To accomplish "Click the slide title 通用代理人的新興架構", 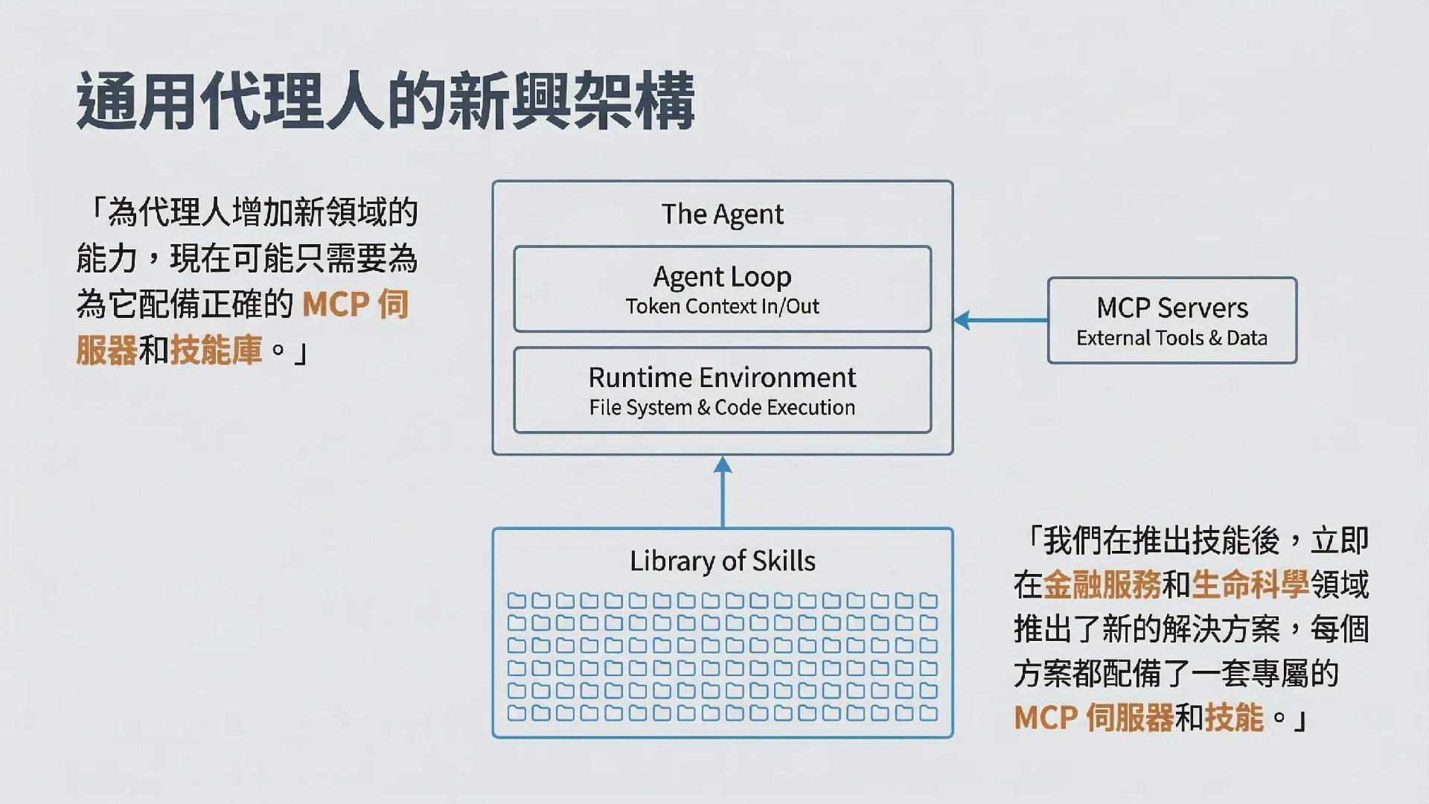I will pyautogui.click(x=386, y=101).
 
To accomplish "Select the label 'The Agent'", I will pyautogui.click(x=722, y=214).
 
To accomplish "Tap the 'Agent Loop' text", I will pyautogui.click(x=722, y=277).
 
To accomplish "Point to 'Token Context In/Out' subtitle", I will pyautogui.click(x=722, y=307).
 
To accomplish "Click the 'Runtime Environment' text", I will pyautogui.click(x=722, y=377).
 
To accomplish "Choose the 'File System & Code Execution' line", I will pyautogui.click(x=722, y=408).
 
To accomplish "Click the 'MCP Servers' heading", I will pyautogui.click(x=1171, y=307).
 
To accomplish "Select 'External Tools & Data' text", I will pyautogui.click(x=1171, y=338).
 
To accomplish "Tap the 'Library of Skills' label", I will pyautogui.click(x=722, y=561).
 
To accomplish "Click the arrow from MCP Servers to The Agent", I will pyautogui.click(x=1000, y=321).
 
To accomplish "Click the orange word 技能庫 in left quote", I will pyautogui.click(x=216, y=350).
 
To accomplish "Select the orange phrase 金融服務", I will pyautogui.click(x=1102, y=585).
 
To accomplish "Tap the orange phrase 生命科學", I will pyautogui.click(x=1250, y=585).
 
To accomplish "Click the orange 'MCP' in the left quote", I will pyautogui.click(x=336, y=304).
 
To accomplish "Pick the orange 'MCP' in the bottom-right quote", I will pyautogui.click(x=1046, y=718).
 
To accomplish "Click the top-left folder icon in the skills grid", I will pyautogui.click(x=517, y=601).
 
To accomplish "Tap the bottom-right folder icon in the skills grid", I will pyautogui.click(x=928, y=713).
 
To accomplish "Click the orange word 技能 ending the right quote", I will pyautogui.click(x=1234, y=718).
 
